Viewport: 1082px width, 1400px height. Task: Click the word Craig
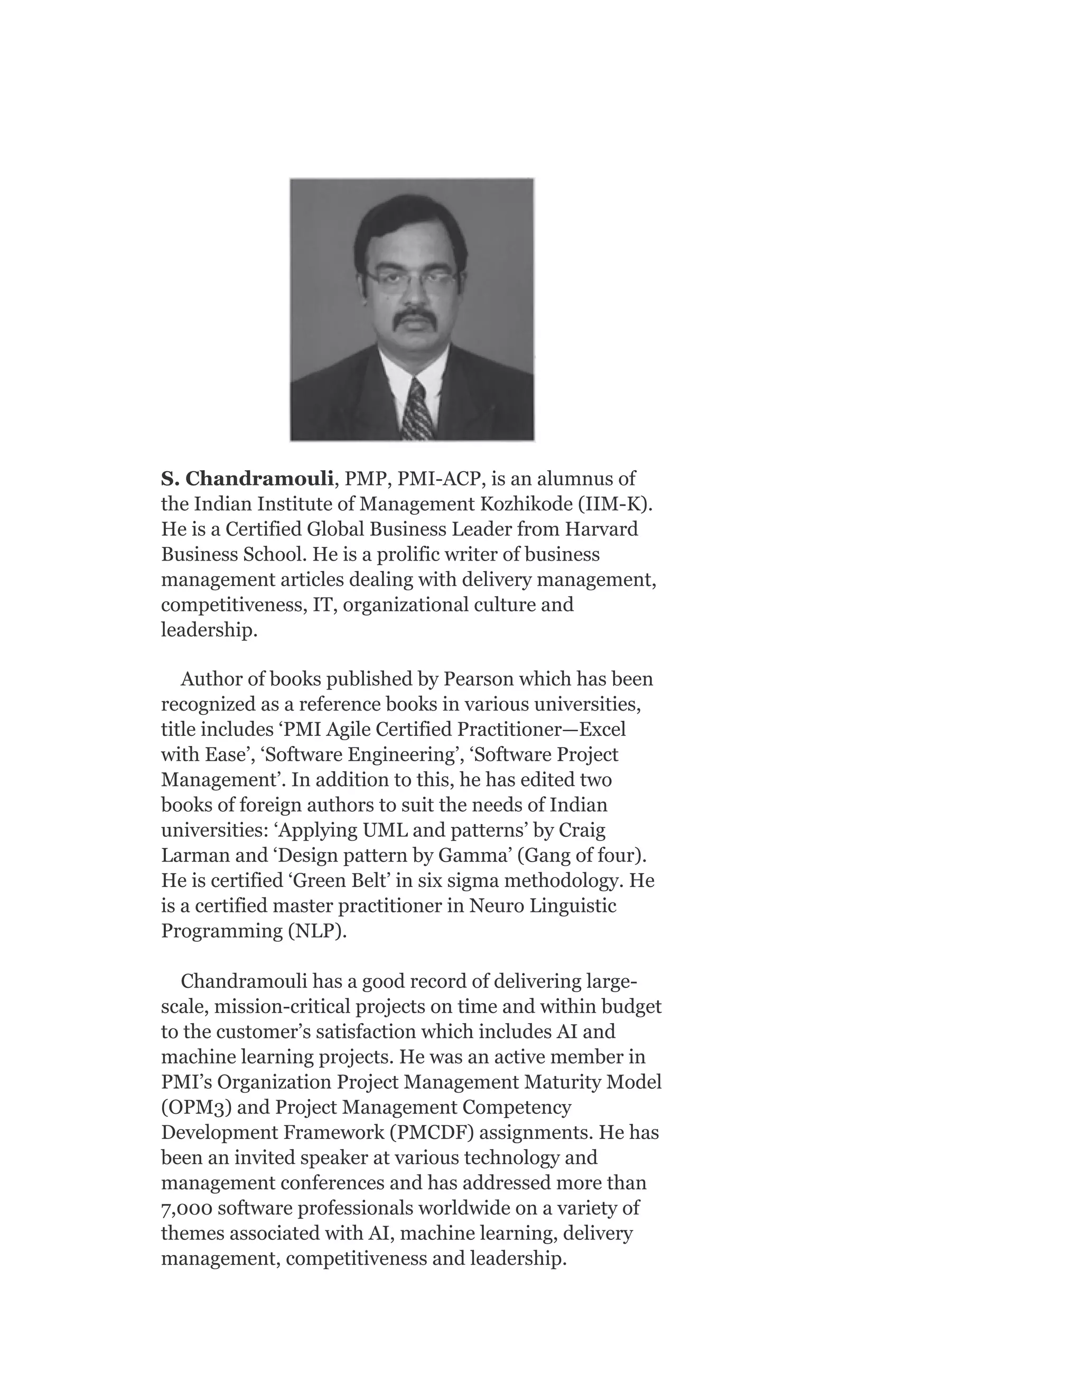(582, 830)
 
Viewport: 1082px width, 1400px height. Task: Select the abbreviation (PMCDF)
(432, 1133)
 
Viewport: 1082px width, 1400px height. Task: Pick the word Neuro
(495, 906)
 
